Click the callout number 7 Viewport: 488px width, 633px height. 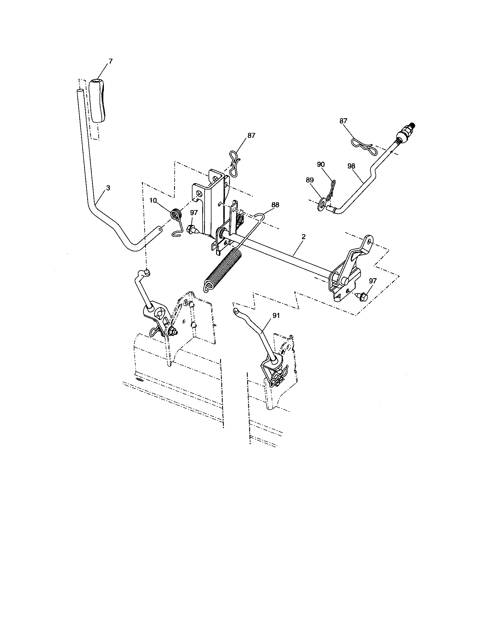(x=110, y=61)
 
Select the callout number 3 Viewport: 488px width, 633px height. (x=108, y=188)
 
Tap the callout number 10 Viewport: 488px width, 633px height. (x=153, y=200)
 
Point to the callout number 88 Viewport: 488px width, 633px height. (x=275, y=205)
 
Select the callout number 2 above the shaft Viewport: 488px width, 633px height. (x=303, y=237)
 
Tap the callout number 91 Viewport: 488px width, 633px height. (x=276, y=316)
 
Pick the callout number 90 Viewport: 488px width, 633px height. (x=321, y=164)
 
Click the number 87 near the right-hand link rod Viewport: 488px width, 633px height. (x=343, y=121)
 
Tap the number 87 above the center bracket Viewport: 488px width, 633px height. (x=251, y=135)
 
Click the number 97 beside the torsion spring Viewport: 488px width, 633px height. (x=194, y=213)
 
